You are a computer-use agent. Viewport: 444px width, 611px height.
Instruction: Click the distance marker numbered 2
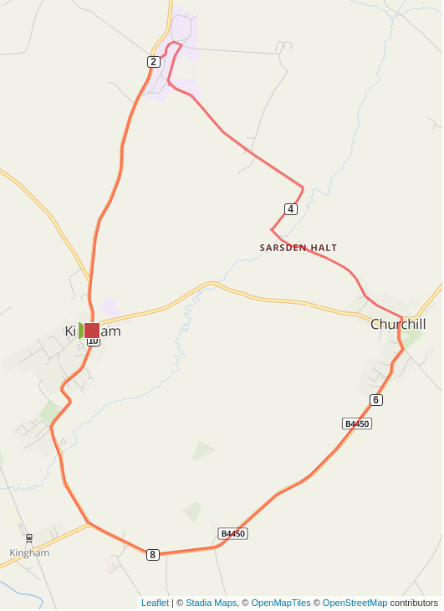click(153, 61)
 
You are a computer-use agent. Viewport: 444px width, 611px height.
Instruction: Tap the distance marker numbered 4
click(291, 208)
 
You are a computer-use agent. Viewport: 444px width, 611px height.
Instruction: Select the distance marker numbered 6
click(376, 400)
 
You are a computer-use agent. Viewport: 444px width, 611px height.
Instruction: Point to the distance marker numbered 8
click(153, 554)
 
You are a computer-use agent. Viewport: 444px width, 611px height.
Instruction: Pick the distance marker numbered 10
click(93, 341)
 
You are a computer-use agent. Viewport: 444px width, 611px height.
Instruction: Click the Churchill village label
click(398, 325)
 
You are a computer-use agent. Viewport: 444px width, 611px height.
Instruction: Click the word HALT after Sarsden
click(324, 248)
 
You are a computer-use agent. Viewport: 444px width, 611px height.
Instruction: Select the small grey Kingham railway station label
click(29, 552)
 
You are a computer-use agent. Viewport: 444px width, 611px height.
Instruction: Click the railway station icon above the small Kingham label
click(29, 538)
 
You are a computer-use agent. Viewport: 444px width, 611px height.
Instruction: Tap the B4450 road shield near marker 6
click(357, 424)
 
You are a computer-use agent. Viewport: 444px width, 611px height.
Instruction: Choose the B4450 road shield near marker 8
click(233, 533)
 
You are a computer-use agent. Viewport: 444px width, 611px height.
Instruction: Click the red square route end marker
click(92, 330)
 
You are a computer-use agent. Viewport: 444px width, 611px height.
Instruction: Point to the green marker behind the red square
click(81, 330)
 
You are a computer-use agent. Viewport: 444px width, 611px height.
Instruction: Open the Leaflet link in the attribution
click(155, 603)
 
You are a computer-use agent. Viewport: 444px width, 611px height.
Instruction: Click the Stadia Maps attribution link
click(211, 603)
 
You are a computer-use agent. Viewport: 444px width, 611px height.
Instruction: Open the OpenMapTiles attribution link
click(281, 603)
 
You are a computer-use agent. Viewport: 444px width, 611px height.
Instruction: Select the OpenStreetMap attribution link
click(355, 603)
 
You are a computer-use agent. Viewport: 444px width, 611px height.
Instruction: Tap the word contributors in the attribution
click(414, 603)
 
